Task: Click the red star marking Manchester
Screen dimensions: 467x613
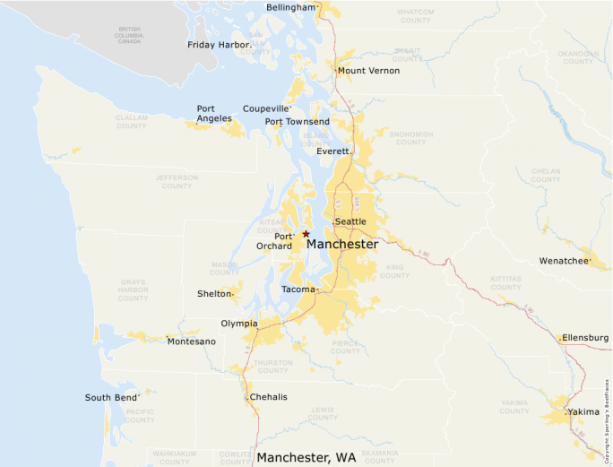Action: point(306,233)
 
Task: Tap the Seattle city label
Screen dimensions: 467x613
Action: point(350,221)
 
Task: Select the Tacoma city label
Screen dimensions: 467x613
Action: point(298,290)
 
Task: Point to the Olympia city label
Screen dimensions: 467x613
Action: point(238,324)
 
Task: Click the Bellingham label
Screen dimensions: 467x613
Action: point(291,8)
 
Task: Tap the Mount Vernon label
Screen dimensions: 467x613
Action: point(368,71)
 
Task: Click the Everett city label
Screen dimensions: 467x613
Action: point(332,151)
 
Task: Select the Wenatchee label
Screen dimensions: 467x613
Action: point(564,261)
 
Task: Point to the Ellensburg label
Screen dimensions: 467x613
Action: point(585,338)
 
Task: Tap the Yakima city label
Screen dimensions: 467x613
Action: point(582,413)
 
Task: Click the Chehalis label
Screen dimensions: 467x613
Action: point(269,397)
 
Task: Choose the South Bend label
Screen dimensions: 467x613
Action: point(111,398)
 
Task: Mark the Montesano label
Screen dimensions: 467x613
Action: point(192,342)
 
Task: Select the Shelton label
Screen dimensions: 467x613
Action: point(214,294)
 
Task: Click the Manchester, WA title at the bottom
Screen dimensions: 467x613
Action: point(306,458)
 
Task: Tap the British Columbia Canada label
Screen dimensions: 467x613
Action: point(129,34)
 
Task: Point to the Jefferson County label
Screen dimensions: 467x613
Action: point(177,182)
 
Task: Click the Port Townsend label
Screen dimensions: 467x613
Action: point(297,122)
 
